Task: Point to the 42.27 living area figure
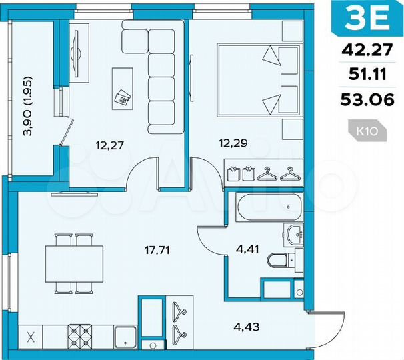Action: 367,49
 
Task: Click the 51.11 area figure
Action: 367,75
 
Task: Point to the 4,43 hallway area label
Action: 246,326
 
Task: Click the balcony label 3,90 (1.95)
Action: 28,107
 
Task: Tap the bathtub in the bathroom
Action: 266,207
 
